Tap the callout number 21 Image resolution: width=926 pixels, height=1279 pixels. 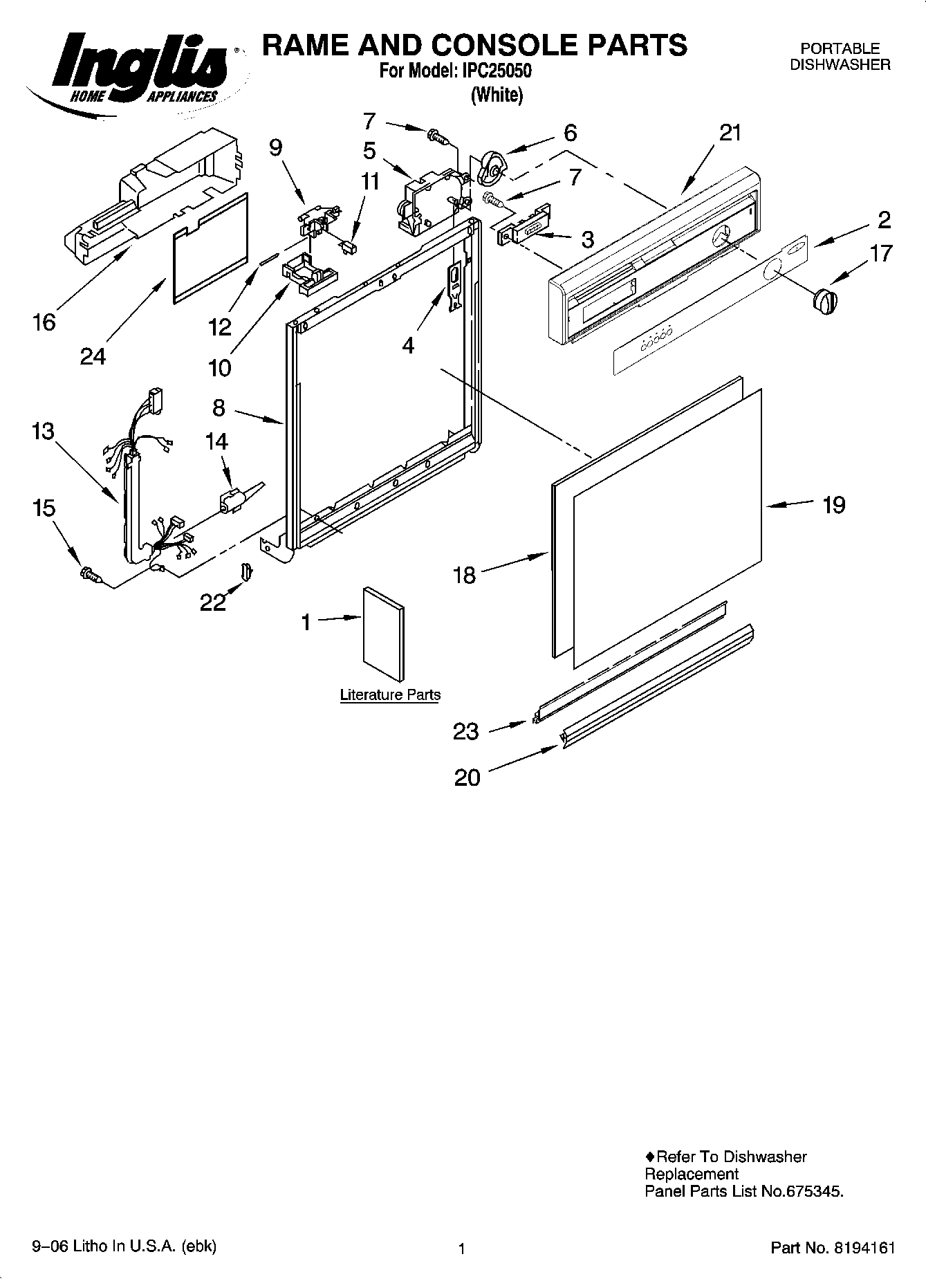click(730, 133)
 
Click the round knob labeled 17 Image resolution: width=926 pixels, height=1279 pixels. click(824, 302)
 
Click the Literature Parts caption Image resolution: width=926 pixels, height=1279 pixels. click(390, 694)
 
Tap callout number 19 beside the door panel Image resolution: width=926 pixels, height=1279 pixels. click(833, 505)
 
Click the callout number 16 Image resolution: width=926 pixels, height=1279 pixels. click(44, 322)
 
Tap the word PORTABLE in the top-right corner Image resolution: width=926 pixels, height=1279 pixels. click(840, 49)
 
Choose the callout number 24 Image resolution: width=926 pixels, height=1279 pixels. click(93, 356)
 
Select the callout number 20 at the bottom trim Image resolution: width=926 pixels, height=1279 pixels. click(467, 777)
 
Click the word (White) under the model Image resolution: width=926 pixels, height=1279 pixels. click(497, 95)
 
